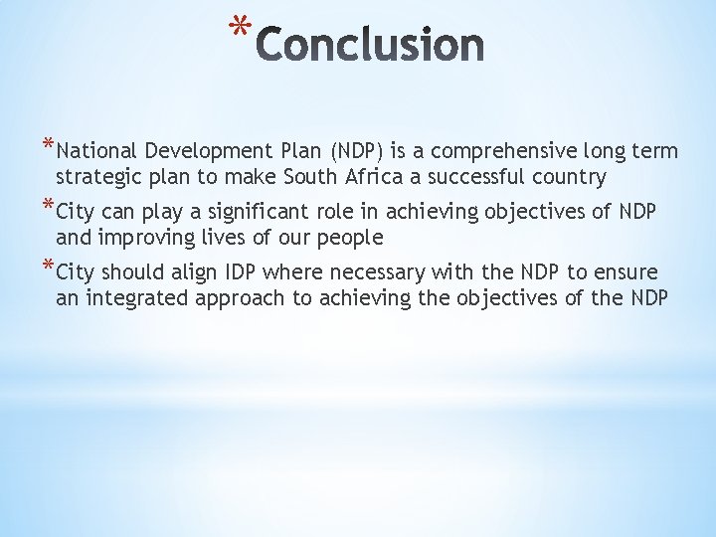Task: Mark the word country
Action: coord(570,178)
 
